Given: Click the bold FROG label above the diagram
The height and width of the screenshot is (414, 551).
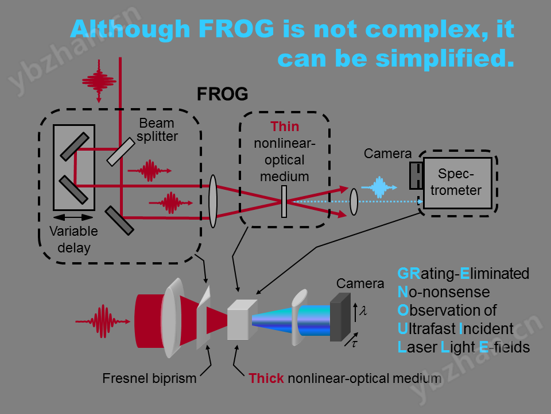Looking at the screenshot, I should [x=223, y=94].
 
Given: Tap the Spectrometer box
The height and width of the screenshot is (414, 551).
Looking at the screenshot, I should [x=457, y=183].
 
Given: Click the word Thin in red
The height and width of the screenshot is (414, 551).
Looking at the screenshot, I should [x=285, y=126].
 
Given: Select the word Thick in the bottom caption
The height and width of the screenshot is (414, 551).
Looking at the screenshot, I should [x=266, y=378].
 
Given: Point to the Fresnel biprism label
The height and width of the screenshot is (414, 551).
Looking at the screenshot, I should [x=149, y=378].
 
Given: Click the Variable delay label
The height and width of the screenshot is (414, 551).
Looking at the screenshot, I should [x=73, y=240].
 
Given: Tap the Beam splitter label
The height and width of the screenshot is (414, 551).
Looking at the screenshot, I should [x=157, y=130].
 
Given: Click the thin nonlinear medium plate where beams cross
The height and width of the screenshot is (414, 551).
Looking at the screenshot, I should [x=284, y=201].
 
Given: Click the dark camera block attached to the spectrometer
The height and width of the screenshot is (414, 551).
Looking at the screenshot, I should [x=416, y=175].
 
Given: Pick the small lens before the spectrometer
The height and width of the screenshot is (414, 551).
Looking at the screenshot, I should [x=354, y=202].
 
